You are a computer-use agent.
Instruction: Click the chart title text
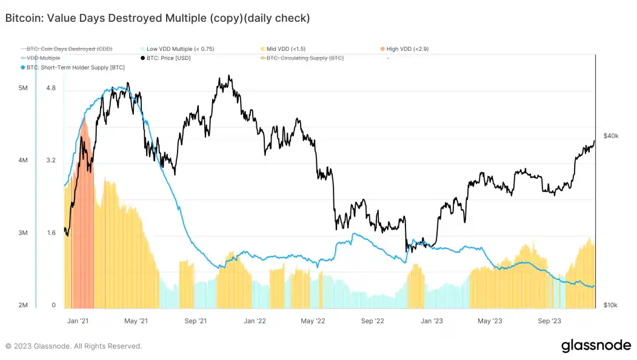click(158, 18)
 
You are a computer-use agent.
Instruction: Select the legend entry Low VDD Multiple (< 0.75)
click(180, 48)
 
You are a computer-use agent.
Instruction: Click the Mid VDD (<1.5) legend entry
click(288, 48)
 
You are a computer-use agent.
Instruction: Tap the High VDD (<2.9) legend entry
click(407, 48)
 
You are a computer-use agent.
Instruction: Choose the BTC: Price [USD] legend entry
click(171, 58)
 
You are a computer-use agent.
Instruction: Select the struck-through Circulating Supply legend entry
click(305, 58)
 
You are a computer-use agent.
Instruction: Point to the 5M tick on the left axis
click(23, 88)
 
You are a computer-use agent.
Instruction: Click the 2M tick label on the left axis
click(23, 305)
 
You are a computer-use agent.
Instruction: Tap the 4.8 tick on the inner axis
click(50, 88)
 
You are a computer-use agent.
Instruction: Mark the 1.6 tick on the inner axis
click(50, 233)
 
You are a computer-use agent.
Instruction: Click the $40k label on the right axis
click(610, 136)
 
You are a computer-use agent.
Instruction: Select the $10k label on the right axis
click(610, 305)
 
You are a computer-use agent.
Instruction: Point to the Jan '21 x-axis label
click(78, 321)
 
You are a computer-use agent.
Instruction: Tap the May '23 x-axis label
click(489, 321)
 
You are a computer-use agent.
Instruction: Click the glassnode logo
click(596, 345)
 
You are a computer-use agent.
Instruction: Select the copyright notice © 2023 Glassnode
click(73, 346)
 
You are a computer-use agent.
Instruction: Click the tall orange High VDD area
click(82, 212)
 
